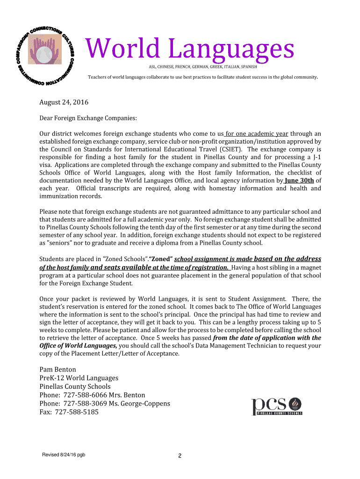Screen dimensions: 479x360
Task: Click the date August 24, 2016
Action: click(64, 102)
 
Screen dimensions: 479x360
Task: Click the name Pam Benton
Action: click(58, 370)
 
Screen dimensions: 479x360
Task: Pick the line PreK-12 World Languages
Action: click(79, 378)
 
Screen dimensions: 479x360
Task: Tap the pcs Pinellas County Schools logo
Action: click(277, 406)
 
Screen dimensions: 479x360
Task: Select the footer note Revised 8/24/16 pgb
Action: click(64, 455)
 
